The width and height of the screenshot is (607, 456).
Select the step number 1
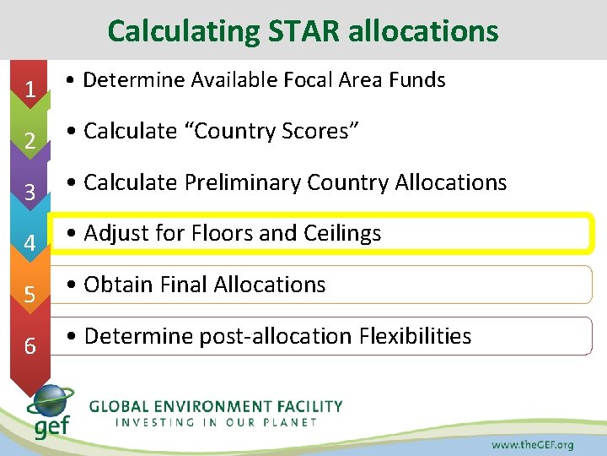pos(30,89)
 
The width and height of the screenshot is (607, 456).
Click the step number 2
pos(30,141)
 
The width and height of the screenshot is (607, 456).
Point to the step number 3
pos(30,193)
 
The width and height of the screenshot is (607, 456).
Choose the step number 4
pos(30,243)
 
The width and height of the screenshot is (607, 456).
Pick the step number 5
pos(30,295)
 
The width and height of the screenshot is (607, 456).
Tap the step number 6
pos(30,346)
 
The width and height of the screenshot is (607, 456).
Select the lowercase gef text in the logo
pos(52,426)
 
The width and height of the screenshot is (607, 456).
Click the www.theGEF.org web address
pos(532,444)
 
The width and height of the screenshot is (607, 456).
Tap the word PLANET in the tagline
pos(287,421)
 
